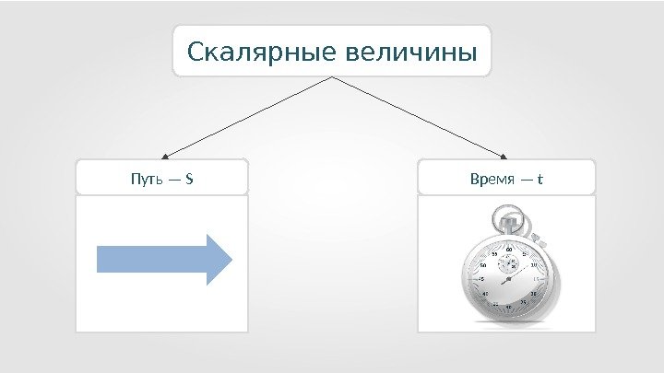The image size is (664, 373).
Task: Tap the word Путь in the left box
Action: click(143, 178)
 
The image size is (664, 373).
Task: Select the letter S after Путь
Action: click(189, 178)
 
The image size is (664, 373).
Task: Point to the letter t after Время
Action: click(542, 178)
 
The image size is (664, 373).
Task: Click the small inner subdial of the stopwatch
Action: click(508, 263)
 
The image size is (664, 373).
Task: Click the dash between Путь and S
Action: click(172, 178)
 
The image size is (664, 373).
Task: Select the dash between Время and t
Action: click(527, 178)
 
